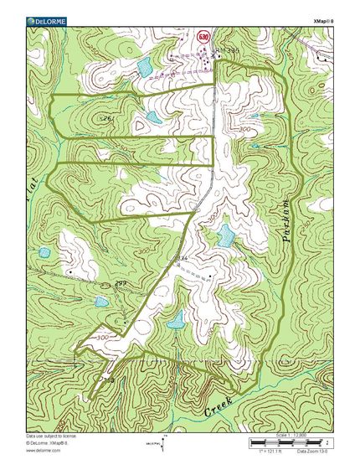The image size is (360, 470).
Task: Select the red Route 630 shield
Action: coord(203,38)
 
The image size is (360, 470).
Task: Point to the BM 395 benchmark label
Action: coord(228,52)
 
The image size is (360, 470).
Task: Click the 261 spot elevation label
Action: coord(106,120)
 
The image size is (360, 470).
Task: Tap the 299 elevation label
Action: coord(120,284)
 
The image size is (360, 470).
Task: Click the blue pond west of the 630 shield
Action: coord(145,65)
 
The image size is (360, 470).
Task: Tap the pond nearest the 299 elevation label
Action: coord(101,301)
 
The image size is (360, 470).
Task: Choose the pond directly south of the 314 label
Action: coord(177,319)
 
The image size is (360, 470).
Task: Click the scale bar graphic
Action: coord(289,442)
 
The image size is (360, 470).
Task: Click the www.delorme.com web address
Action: coord(41,450)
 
